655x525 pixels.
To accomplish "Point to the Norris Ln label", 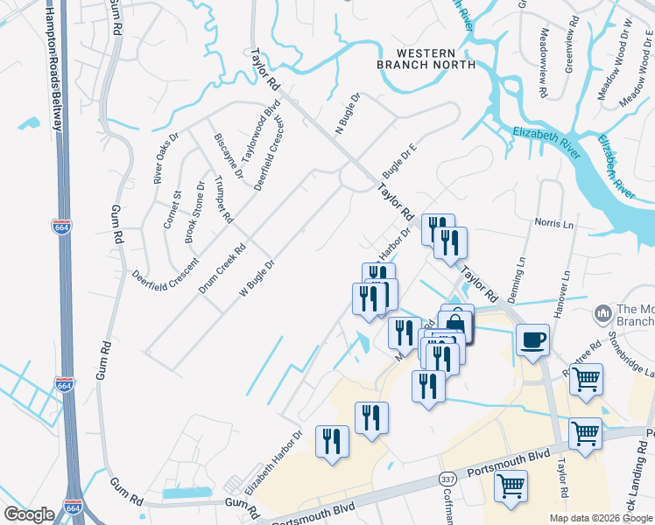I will [555, 224].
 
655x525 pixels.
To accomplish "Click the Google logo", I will [29, 514].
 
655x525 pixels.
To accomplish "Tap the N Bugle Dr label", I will [348, 115].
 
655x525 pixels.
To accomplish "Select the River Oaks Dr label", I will [166, 157].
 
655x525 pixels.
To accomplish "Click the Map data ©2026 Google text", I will [600, 518].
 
